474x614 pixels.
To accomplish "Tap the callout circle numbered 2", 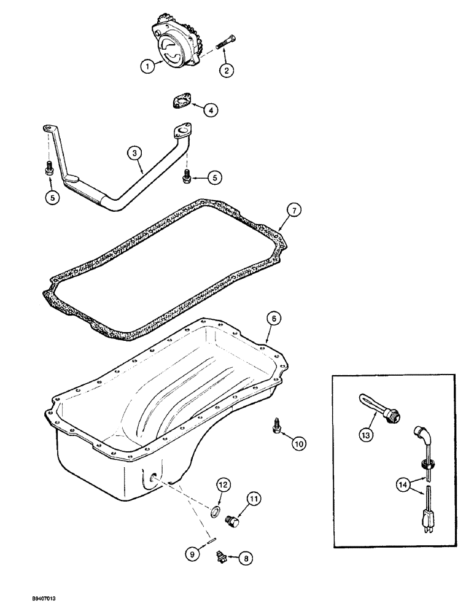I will coord(227,71).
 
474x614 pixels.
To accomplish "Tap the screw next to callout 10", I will coord(277,425).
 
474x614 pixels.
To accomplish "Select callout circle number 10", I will coord(298,442).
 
